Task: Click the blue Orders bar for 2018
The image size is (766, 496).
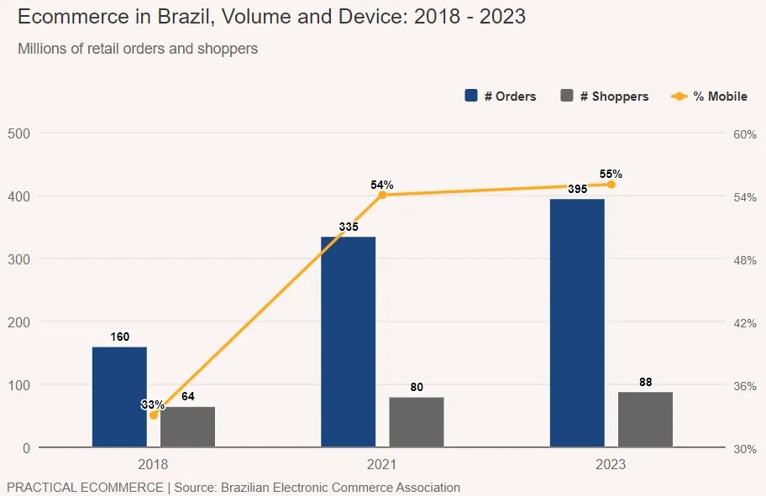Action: coord(119,396)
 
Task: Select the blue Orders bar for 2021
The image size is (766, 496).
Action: coord(349,342)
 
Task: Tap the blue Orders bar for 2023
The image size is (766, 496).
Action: coord(577,323)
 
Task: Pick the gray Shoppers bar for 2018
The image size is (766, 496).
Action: coord(188,426)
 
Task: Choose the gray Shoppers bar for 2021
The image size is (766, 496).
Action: coord(417,421)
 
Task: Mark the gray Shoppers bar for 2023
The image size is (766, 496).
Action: coord(645,419)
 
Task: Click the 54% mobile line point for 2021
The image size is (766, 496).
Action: coord(382,195)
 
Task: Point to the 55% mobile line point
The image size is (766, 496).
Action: coord(611,185)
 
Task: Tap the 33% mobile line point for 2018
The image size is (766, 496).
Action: coord(153,415)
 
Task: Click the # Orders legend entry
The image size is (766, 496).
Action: coord(501,97)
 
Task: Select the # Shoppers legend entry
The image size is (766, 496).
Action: coord(605,97)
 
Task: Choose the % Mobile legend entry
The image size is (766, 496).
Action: coord(711,97)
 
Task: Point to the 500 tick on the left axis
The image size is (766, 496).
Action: coord(19,133)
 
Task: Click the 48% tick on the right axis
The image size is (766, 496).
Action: coord(743,259)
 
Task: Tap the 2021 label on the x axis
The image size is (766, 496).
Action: coord(382,464)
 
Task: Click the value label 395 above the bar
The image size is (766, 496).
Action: coord(577,190)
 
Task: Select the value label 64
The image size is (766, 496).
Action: coord(188,396)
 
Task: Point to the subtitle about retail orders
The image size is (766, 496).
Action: coord(138,49)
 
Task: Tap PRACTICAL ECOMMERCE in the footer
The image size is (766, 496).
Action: coord(85,487)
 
